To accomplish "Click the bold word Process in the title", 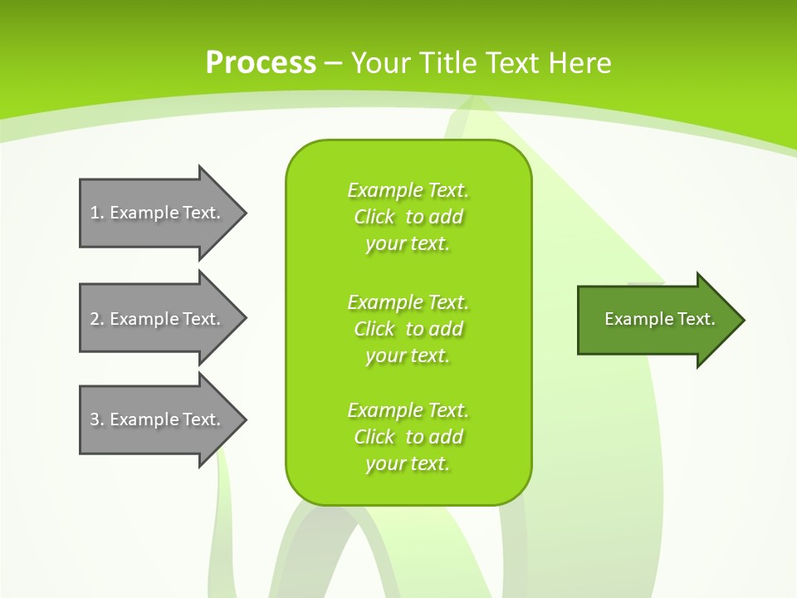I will [x=261, y=62].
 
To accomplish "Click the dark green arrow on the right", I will [x=656, y=320].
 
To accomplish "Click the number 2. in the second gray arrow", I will [x=97, y=319].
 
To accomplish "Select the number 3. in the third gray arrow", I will [x=97, y=419].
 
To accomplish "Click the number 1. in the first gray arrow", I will [x=97, y=213].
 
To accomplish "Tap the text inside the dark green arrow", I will [x=660, y=319].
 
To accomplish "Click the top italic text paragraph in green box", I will [x=408, y=217].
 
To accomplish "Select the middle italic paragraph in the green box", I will [x=408, y=329].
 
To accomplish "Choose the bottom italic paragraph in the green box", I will [x=408, y=437].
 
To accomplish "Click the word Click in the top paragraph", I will [x=374, y=217].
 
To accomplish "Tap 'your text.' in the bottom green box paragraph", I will [x=408, y=463].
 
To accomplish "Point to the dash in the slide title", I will [x=334, y=63].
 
